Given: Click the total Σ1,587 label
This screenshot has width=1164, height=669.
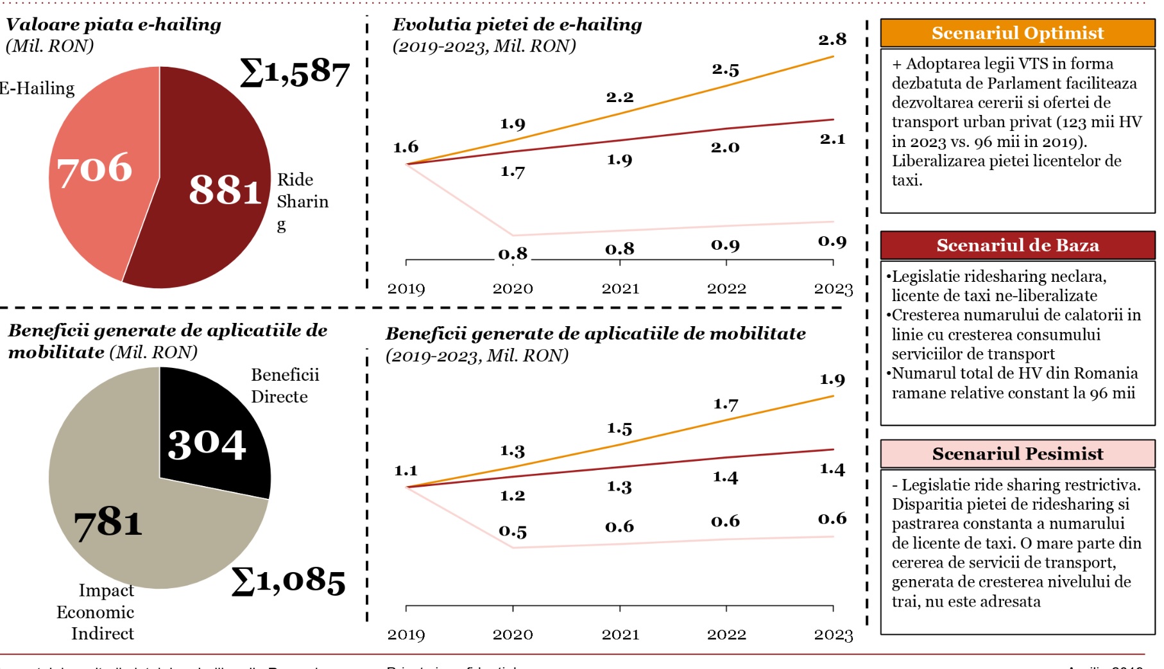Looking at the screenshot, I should pyautogui.click(x=295, y=73).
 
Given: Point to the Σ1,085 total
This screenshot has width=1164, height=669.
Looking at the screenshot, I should pyautogui.click(x=288, y=581).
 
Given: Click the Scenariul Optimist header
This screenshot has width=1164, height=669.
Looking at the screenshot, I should pyautogui.click(x=1017, y=33).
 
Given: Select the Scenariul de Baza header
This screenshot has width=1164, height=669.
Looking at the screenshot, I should pyautogui.click(x=1017, y=245).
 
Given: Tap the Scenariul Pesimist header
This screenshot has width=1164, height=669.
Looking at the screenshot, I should pyautogui.click(x=1017, y=454).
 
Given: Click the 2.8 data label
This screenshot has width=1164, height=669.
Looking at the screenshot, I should pyautogui.click(x=832, y=40).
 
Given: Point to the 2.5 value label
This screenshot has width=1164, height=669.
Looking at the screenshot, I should pyautogui.click(x=725, y=70).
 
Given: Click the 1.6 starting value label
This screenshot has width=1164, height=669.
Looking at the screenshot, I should pyautogui.click(x=406, y=147).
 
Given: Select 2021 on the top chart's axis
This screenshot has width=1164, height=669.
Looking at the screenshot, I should pyautogui.click(x=620, y=289).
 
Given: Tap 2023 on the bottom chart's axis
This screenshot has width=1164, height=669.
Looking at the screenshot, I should pyautogui.click(x=833, y=635).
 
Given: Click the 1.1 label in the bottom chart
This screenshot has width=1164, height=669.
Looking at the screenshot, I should pyautogui.click(x=406, y=471).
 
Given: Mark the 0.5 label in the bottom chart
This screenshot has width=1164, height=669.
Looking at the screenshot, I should pyautogui.click(x=513, y=532).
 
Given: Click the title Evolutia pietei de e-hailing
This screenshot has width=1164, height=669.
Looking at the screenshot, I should pyautogui.click(x=517, y=25).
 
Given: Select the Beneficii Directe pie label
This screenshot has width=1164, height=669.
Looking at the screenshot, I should pyautogui.click(x=284, y=386).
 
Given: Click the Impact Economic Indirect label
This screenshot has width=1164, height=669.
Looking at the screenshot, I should pyautogui.click(x=96, y=612).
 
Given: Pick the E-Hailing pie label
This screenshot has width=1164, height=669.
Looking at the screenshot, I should pyautogui.click(x=37, y=89).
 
